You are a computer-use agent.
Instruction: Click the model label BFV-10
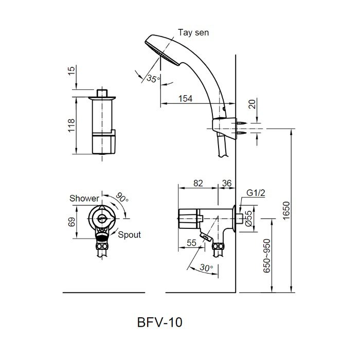tap(160, 322)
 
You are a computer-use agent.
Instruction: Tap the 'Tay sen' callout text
tap(193, 32)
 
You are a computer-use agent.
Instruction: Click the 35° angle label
tap(153, 79)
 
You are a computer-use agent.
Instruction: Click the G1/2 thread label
tap(255, 193)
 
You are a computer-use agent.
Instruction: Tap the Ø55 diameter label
tap(248, 220)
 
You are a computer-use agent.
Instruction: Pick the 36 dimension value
tap(226, 183)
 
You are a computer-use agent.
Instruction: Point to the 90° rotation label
tap(123, 197)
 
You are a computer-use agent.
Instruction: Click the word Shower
tap(84, 199)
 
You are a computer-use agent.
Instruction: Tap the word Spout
tap(130, 235)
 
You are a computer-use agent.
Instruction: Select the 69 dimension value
tap(71, 222)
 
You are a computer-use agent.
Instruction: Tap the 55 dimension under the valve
tap(192, 243)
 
